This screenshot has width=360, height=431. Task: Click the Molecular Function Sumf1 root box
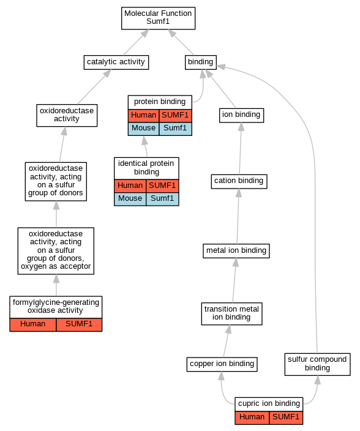[159, 18]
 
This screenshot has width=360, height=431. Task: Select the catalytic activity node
[116, 62]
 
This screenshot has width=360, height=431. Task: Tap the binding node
[201, 62]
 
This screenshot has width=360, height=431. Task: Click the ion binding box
[241, 115]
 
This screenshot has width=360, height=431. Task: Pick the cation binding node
[239, 181]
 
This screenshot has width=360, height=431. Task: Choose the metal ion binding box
[236, 250]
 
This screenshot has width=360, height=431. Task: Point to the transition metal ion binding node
[231, 313]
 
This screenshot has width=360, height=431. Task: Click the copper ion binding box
[222, 364]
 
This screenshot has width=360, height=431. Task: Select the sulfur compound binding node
[317, 364]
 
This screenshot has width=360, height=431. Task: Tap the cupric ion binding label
[269, 403]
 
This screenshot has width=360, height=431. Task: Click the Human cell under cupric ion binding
[252, 418]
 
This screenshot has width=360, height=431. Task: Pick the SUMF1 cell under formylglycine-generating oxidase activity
[79, 324]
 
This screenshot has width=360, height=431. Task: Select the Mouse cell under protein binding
[143, 129]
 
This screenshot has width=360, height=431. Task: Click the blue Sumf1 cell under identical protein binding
[162, 199]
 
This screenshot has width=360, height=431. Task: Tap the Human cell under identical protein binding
[130, 186]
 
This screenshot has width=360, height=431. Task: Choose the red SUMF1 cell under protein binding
[175, 116]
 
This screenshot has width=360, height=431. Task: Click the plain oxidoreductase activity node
[67, 115]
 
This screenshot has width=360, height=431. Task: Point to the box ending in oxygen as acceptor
[56, 250]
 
